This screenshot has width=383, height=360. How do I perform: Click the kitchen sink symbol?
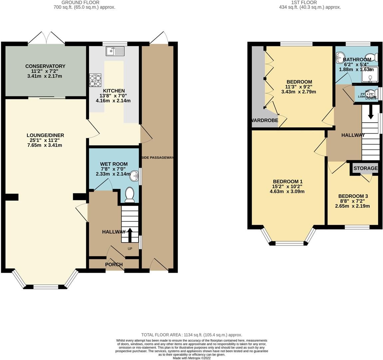pyautogui.click(x=115, y=51)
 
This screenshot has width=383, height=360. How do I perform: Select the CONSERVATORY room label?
pyautogui.click(x=45, y=66)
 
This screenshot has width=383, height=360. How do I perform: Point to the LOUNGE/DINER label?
pyautogui.click(x=45, y=135)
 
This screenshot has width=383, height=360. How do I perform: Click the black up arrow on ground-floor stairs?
pyautogui.click(x=129, y=234)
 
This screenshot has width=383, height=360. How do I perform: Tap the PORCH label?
pyautogui.click(x=114, y=264)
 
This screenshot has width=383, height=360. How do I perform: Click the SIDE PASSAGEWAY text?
pyautogui.click(x=158, y=158)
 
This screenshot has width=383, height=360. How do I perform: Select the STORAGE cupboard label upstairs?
pyautogui.click(x=365, y=168)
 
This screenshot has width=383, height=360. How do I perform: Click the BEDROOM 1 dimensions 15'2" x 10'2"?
pyautogui.click(x=287, y=187)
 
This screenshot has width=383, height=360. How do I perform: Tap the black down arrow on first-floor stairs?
pyautogui.click(x=370, y=114)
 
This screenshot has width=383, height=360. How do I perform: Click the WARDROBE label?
pyautogui.click(x=265, y=120)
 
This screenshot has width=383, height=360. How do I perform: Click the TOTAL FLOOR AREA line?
pyautogui.click(x=191, y=335)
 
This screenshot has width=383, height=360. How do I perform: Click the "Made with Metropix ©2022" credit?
pyautogui.click(x=191, y=358)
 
